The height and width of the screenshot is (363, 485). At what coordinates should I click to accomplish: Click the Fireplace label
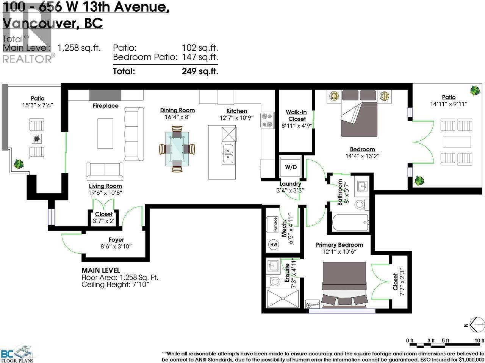coord(105,106)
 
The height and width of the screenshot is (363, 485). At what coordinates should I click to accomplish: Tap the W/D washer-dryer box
coord(291,167)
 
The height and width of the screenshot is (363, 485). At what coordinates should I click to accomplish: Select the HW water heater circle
coord(274,245)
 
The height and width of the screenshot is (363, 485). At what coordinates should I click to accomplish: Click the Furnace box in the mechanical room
coord(274,225)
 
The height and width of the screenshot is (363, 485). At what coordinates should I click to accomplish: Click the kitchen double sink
coord(228,154)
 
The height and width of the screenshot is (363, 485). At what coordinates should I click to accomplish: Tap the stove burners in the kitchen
coord(268,120)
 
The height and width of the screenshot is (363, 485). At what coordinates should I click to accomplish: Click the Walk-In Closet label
coord(296,115)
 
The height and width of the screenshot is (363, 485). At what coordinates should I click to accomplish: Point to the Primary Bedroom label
coord(339,245)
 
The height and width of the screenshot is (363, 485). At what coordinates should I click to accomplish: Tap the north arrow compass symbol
coord(477,324)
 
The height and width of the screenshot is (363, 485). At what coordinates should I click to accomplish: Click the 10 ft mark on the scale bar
coord(480,341)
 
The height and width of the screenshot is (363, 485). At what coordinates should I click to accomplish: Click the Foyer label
coord(116,240)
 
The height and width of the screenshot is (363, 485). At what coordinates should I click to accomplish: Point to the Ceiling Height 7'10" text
coord(116,284)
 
